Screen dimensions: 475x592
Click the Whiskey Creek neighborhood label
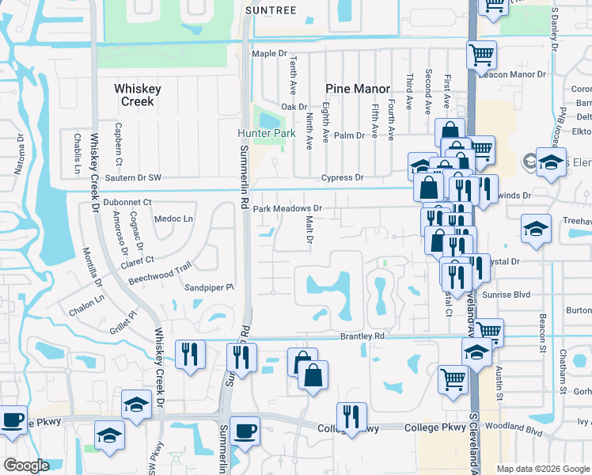pyautogui.click(x=137, y=95)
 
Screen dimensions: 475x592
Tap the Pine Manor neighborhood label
pyautogui.click(x=357, y=89)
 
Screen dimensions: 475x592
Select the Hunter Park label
pyautogui.click(x=267, y=133)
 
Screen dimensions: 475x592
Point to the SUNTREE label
pyautogui.click(x=271, y=10)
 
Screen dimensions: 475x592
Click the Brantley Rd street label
pyautogui.click(x=362, y=336)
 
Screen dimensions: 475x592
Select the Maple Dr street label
pyautogui.click(x=268, y=53)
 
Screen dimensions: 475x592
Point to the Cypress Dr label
pyautogui.click(x=342, y=178)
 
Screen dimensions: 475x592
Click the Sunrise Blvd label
pyautogui.click(x=510, y=293)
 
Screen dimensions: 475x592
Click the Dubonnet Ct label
pyautogui.click(x=127, y=203)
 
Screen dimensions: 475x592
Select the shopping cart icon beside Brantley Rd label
pyautogui.click(x=488, y=331)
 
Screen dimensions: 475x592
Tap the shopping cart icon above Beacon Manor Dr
pyautogui.click(x=481, y=55)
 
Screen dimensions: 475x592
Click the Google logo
pyautogui.click(x=26, y=465)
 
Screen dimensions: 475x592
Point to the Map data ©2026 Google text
pyautogui.click(x=542, y=469)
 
